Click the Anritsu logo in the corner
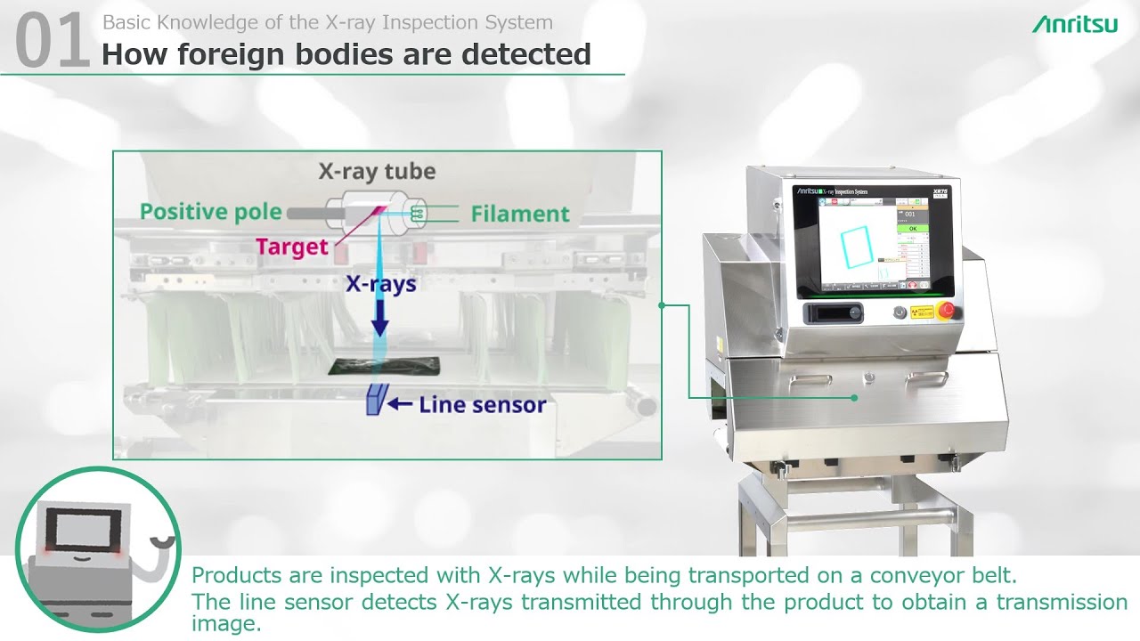pyautogui.click(x=1074, y=24)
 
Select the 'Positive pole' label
pyautogui.click(x=210, y=212)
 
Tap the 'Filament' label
pyautogui.click(x=520, y=214)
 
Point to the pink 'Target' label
pyautogui.click(x=292, y=247)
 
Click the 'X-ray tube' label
pyautogui.click(x=377, y=171)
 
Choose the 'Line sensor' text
pyautogui.click(x=482, y=405)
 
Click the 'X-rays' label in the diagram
pyautogui.click(x=380, y=285)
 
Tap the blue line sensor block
pyautogui.click(x=374, y=401)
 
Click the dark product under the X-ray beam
pyautogui.click(x=384, y=365)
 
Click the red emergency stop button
pyautogui.click(x=945, y=311)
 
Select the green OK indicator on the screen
pyautogui.click(x=911, y=229)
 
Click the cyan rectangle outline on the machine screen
pyautogui.click(x=858, y=246)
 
